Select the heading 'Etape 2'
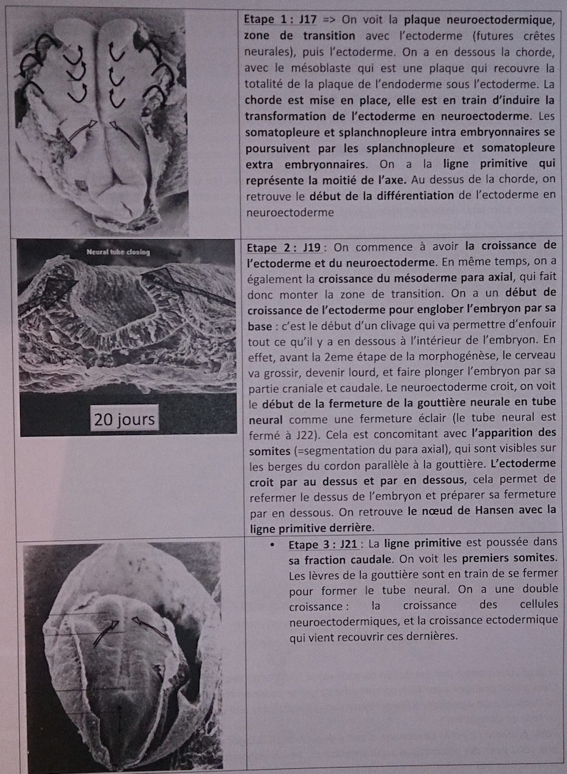point(269,248)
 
